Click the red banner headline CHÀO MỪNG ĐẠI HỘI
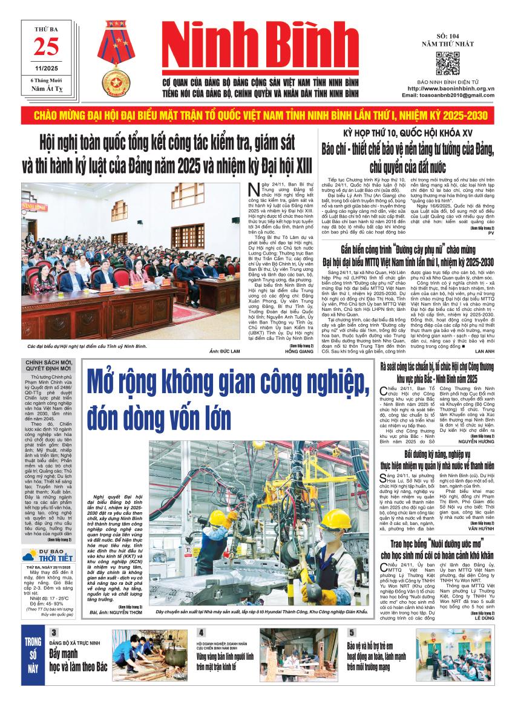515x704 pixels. click(x=257, y=115)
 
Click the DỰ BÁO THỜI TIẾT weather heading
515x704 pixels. click(x=48, y=555)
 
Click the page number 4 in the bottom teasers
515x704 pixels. click(x=200, y=633)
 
